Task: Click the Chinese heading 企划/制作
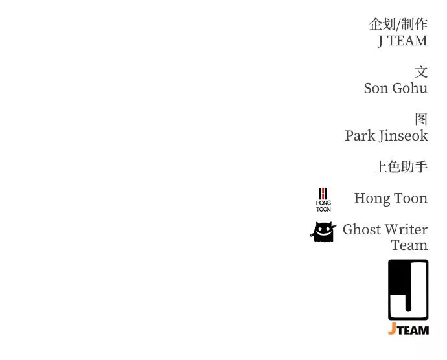[x=398, y=25]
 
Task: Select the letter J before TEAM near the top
[x=382, y=41]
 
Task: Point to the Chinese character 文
[x=421, y=72]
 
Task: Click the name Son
[x=376, y=88]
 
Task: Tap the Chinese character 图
[x=421, y=120]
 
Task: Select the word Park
[x=360, y=136]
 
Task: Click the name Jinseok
[x=404, y=136]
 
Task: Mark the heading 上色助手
[x=400, y=167]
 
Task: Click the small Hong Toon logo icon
[x=323, y=199]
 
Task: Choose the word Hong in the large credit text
[x=372, y=199]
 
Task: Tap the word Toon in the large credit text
[x=411, y=199]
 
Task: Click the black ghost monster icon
[x=323, y=232]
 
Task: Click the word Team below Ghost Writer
[x=409, y=245]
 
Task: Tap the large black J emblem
[x=408, y=289]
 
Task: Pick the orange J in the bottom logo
[x=392, y=330]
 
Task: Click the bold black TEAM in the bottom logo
[x=413, y=330]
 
